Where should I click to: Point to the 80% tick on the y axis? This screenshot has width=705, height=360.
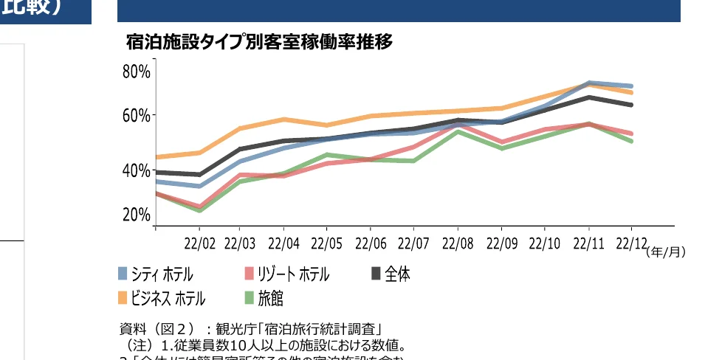coord(137,72)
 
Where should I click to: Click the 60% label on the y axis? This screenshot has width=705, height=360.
coord(137,116)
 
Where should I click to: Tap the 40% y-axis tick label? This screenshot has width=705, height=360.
coord(137,170)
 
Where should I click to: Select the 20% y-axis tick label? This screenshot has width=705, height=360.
coord(137,215)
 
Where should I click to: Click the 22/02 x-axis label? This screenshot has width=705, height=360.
coord(199,243)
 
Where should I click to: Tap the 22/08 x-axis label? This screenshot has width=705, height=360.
coord(458,243)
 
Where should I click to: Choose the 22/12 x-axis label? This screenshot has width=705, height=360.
coord(631,243)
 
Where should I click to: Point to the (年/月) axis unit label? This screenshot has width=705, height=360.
coord(665,252)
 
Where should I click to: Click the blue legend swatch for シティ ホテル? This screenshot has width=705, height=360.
coord(123,274)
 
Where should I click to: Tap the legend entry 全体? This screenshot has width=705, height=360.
coord(397,274)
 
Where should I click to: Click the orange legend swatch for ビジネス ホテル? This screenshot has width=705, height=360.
coord(123,298)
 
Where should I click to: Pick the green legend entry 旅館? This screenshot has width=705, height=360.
coord(270,298)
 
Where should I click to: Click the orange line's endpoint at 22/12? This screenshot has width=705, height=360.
coord(631,92)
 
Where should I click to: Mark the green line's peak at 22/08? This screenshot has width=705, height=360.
coord(458,131)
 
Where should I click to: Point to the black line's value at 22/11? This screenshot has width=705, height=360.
coord(589,97)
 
